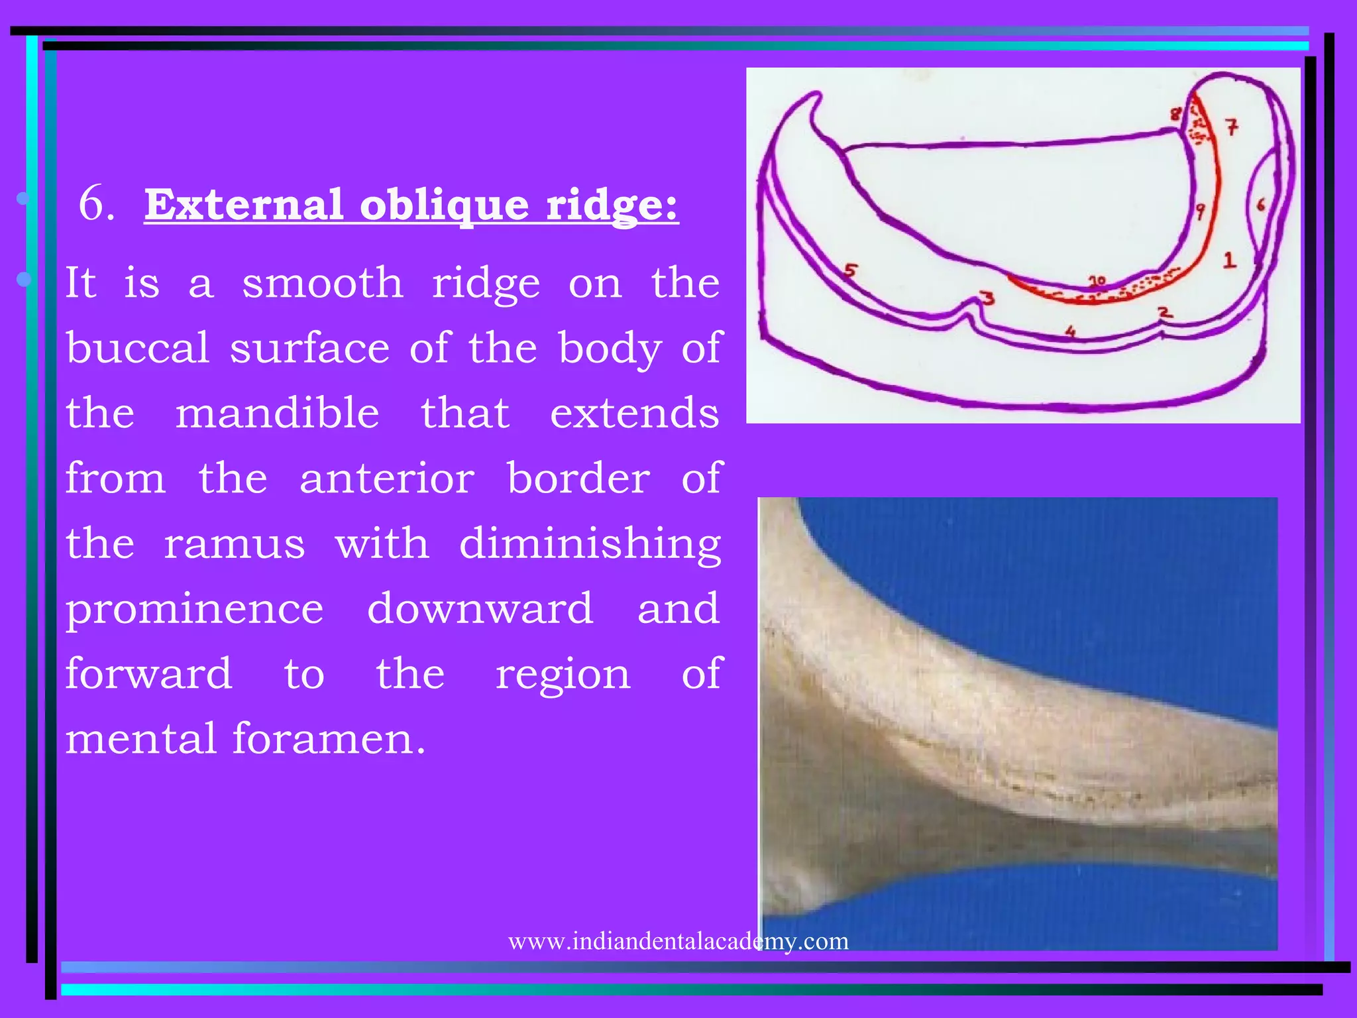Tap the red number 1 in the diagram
(1229, 259)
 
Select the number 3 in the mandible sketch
(988, 298)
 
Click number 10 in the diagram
(1097, 281)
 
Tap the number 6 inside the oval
(1261, 205)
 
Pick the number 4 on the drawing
(1070, 331)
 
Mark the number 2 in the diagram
(1164, 311)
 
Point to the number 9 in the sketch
(1200, 211)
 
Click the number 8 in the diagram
(1175, 114)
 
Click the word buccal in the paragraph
(138, 347)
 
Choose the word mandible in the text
(277, 412)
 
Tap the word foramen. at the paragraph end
(329, 738)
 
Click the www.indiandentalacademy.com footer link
(678, 940)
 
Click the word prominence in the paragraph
(194, 609)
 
